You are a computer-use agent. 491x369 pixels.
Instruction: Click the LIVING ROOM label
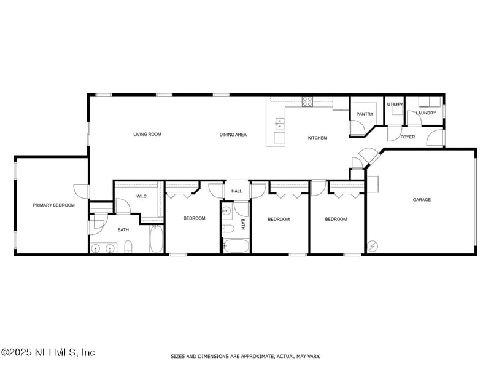(x=147, y=134)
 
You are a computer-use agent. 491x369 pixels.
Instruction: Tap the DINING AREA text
(x=233, y=134)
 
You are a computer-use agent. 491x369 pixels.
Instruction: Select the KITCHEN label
(x=317, y=138)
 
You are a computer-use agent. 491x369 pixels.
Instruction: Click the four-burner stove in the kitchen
(x=307, y=101)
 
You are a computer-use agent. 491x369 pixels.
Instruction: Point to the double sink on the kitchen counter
(x=280, y=125)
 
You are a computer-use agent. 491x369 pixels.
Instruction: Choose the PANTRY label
(x=365, y=114)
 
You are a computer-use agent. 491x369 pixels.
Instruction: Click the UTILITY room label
(x=395, y=104)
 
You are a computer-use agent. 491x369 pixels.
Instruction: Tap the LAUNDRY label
(x=425, y=113)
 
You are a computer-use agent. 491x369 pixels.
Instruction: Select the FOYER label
(x=408, y=137)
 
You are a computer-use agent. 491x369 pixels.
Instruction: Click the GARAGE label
(x=422, y=200)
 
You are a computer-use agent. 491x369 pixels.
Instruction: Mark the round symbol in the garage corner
(x=372, y=247)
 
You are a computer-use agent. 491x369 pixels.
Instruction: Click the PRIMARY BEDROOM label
(x=54, y=205)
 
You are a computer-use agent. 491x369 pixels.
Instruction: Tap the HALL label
(x=237, y=191)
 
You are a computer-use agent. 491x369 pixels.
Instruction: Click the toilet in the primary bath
(x=128, y=247)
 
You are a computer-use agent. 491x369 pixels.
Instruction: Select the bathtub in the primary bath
(x=157, y=240)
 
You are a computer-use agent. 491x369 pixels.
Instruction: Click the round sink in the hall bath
(x=226, y=211)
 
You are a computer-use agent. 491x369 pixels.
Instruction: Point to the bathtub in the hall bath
(x=236, y=247)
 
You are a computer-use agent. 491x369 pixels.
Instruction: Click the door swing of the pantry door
(x=355, y=128)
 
